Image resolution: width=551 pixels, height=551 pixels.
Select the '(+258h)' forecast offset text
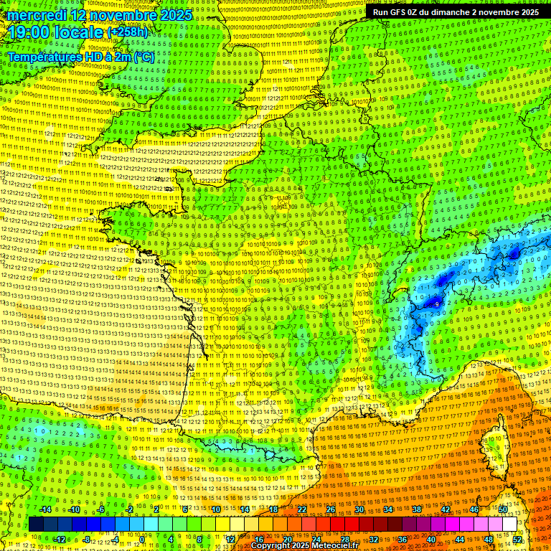pyautogui.click(x=126, y=32)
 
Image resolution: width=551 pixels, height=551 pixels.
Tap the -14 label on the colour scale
pyautogui.click(x=45, y=509)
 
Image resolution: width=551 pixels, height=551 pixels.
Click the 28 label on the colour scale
pyautogui.click(x=345, y=539)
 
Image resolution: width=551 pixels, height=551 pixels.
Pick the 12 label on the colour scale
pyautogui.click(x=230, y=539)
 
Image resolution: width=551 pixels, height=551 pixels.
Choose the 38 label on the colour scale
pyautogui.click(x=417, y=509)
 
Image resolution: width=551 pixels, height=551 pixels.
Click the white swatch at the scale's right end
pyautogui.click(x=509, y=524)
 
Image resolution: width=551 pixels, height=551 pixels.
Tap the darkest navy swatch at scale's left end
pyautogui.click(x=36, y=524)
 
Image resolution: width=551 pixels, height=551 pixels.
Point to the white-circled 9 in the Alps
pyautogui.click(x=438, y=304)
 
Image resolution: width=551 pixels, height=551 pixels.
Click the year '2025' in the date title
pyautogui.click(x=175, y=15)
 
